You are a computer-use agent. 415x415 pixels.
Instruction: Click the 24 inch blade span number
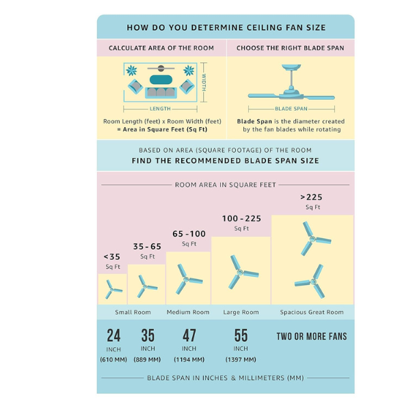(113, 335)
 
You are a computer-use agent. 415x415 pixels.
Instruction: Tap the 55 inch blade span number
(241, 335)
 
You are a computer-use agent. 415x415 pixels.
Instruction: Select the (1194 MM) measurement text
(189, 360)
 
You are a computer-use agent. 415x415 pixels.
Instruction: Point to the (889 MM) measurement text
(147, 360)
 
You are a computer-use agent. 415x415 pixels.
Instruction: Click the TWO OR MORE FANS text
(312, 336)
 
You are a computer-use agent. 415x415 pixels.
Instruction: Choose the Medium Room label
(188, 312)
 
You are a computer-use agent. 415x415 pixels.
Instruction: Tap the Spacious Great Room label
(312, 312)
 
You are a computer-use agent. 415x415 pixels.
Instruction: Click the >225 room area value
(311, 197)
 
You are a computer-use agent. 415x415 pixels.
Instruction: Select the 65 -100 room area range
(189, 234)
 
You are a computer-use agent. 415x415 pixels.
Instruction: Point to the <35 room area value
(112, 257)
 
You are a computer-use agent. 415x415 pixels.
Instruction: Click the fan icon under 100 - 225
(242, 272)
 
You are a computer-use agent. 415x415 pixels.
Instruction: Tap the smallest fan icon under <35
(113, 289)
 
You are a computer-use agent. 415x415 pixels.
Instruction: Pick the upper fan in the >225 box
(315, 239)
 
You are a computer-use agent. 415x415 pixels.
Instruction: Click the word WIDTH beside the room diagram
(204, 82)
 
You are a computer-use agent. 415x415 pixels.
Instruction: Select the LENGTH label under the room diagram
(160, 109)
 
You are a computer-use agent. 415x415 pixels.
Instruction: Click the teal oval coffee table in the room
(161, 80)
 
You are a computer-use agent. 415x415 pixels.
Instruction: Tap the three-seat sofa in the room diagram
(161, 92)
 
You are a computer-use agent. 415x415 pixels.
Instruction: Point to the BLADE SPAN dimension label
(291, 109)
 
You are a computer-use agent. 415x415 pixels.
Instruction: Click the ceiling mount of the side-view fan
(291, 67)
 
